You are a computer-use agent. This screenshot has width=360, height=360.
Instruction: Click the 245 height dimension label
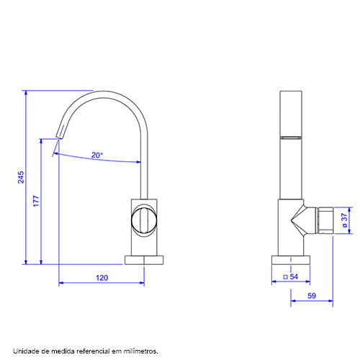(21, 177)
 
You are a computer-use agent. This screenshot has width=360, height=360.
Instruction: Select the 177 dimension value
(36, 201)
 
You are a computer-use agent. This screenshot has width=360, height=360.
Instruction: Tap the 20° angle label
(97, 155)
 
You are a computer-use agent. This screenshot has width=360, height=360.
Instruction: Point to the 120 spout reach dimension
(102, 278)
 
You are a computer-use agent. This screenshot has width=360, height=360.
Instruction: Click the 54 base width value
(294, 276)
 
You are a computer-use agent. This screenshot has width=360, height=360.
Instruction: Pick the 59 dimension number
(312, 296)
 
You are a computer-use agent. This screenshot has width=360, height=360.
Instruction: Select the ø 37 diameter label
(344, 220)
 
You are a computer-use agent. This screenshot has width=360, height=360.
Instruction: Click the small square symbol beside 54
(285, 277)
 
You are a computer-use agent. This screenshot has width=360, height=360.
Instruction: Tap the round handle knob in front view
(144, 220)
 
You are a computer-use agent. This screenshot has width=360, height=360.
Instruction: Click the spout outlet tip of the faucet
(59, 138)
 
